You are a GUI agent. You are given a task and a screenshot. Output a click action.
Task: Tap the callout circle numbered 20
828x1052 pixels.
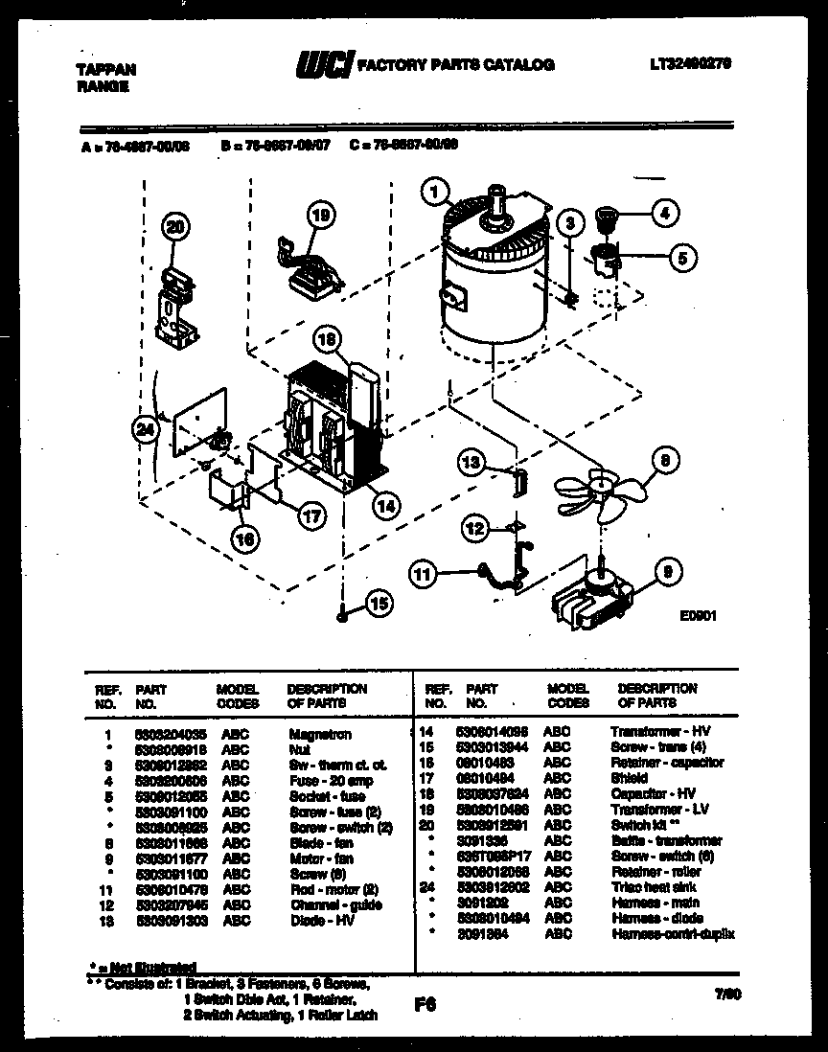click(x=173, y=227)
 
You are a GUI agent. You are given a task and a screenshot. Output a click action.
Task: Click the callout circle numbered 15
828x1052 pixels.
click(x=380, y=604)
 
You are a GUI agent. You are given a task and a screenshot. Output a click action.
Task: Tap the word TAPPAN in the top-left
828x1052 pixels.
click(x=105, y=69)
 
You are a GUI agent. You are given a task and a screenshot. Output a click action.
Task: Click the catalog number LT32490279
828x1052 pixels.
click(x=690, y=63)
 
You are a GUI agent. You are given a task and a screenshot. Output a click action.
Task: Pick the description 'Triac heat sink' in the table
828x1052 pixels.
click(x=655, y=887)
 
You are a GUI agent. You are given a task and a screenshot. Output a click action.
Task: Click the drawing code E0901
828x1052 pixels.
click(x=701, y=619)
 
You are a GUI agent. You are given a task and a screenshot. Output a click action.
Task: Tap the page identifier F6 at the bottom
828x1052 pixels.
click(x=425, y=1006)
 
